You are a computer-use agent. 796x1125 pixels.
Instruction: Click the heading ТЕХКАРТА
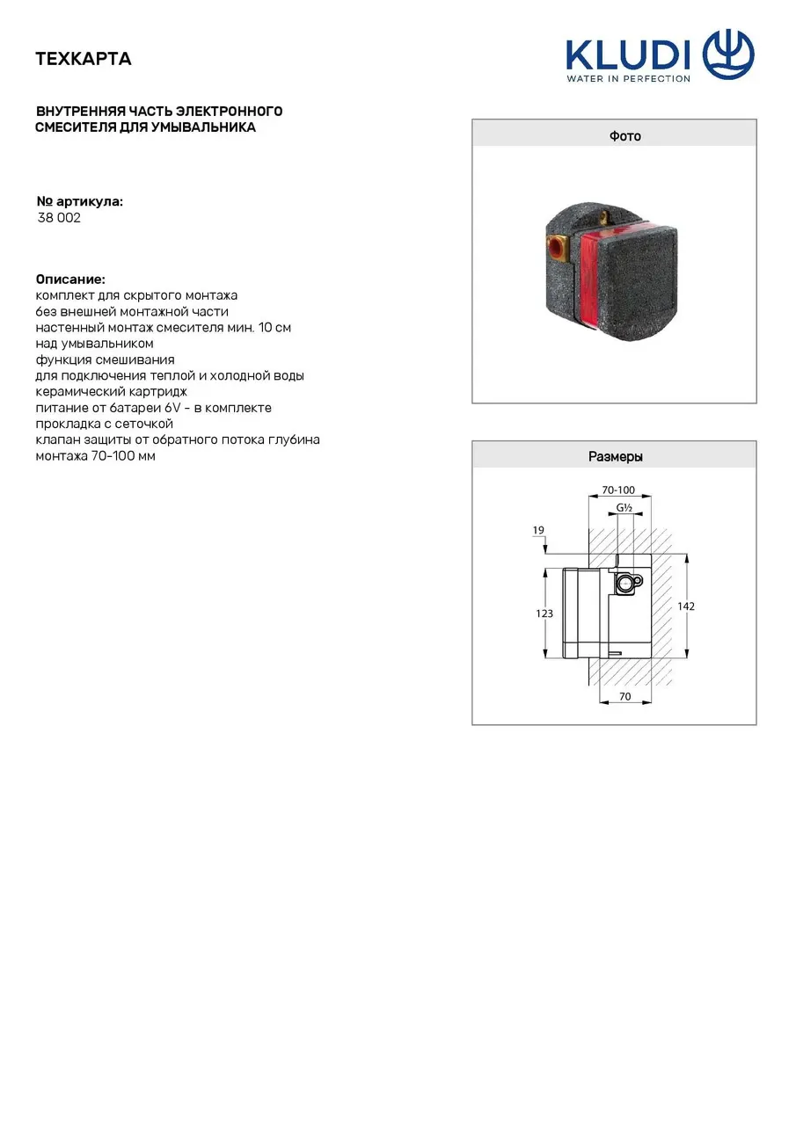pyautogui.click(x=84, y=59)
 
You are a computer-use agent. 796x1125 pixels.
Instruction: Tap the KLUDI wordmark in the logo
pyautogui.click(x=627, y=55)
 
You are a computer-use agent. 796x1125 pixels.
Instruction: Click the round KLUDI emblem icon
pyautogui.click(x=728, y=54)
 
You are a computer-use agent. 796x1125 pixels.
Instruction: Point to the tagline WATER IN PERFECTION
pyautogui.click(x=628, y=79)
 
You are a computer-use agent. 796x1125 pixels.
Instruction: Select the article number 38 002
pyautogui.click(x=59, y=218)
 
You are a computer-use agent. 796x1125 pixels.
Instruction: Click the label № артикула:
pyautogui.click(x=79, y=201)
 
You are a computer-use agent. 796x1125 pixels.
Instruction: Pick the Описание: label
pyautogui.click(x=70, y=279)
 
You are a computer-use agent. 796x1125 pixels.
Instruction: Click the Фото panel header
pyautogui.click(x=614, y=136)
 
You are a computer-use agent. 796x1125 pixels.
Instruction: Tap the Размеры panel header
pyautogui.click(x=614, y=457)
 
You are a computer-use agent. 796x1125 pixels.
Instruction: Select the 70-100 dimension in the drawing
pyautogui.click(x=618, y=490)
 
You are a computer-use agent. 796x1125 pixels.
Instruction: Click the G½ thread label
pyautogui.click(x=624, y=508)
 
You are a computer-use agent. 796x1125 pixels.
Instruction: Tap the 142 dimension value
pyautogui.click(x=686, y=606)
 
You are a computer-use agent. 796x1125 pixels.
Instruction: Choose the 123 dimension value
pyautogui.click(x=545, y=613)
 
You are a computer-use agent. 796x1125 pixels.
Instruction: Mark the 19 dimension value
pyautogui.click(x=538, y=530)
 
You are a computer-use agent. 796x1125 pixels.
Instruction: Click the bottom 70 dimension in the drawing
pyautogui.click(x=624, y=697)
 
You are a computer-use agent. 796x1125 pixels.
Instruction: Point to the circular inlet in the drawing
pyautogui.click(x=624, y=582)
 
